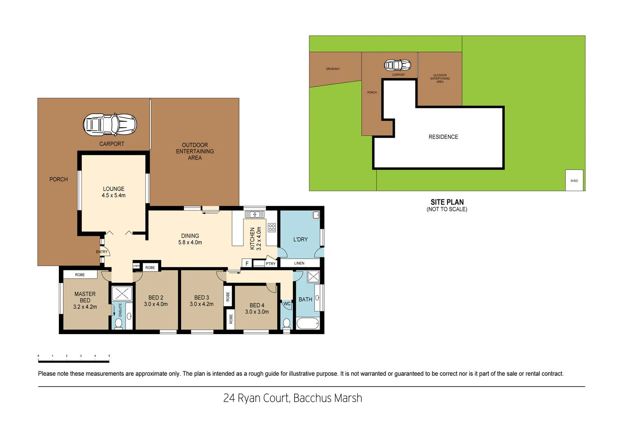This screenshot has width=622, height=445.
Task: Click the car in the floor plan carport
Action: click(x=110, y=124)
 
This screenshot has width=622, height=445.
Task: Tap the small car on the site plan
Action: click(x=398, y=65)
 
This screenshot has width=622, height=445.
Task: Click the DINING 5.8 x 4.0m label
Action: click(x=190, y=239)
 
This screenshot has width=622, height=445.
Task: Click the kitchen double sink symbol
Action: click(x=255, y=214)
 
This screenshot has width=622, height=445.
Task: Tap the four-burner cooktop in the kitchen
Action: click(x=272, y=227)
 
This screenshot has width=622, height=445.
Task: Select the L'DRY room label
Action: click(x=300, y=239)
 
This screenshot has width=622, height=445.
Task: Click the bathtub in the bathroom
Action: click(x=308, y=323)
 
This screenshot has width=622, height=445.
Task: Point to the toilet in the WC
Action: click(x=287, y=323)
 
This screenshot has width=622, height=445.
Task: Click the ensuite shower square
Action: click(x=122, y=293)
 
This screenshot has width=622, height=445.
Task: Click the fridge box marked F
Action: click(x=247, y=263)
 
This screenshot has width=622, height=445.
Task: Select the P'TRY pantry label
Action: click(x=271, y=264)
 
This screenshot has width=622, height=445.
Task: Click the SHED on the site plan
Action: click(x=574, y=180)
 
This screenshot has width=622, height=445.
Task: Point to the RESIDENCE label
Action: click(x=443, y=137)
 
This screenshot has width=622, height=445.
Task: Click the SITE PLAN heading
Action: click(x=447, y=202)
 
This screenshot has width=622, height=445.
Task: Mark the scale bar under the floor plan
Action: click(x=74, y=361)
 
